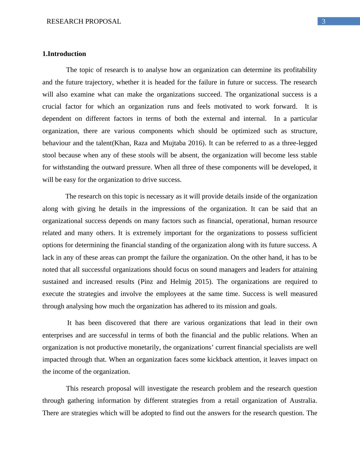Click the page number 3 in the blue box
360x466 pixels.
click(x=324, y=21)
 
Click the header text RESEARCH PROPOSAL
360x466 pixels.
click(x=84, y=21)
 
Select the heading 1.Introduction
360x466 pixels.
click(x=64, y=54)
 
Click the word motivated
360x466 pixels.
click(x=222, y=107)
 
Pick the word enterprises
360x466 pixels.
click(x=57, y=335)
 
